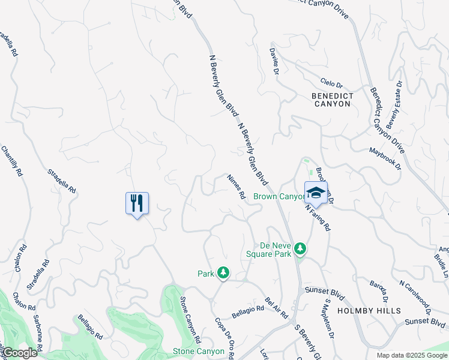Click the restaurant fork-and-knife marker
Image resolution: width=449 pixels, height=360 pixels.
[x=137, y=203]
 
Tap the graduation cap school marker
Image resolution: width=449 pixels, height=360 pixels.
[x=316, y=193]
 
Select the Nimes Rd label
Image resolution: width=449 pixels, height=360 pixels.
[x=237, y=187]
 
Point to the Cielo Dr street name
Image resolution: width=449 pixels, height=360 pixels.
[x=331, y=85]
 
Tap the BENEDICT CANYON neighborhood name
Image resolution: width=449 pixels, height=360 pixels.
[x=331, y=100]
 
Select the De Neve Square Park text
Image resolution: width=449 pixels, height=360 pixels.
[x=268, y=249]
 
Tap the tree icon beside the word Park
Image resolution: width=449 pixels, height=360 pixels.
[x=223, y=273]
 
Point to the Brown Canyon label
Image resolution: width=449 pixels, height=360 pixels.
[x=280, y=196]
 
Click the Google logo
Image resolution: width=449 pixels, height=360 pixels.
[x=20, y=353]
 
